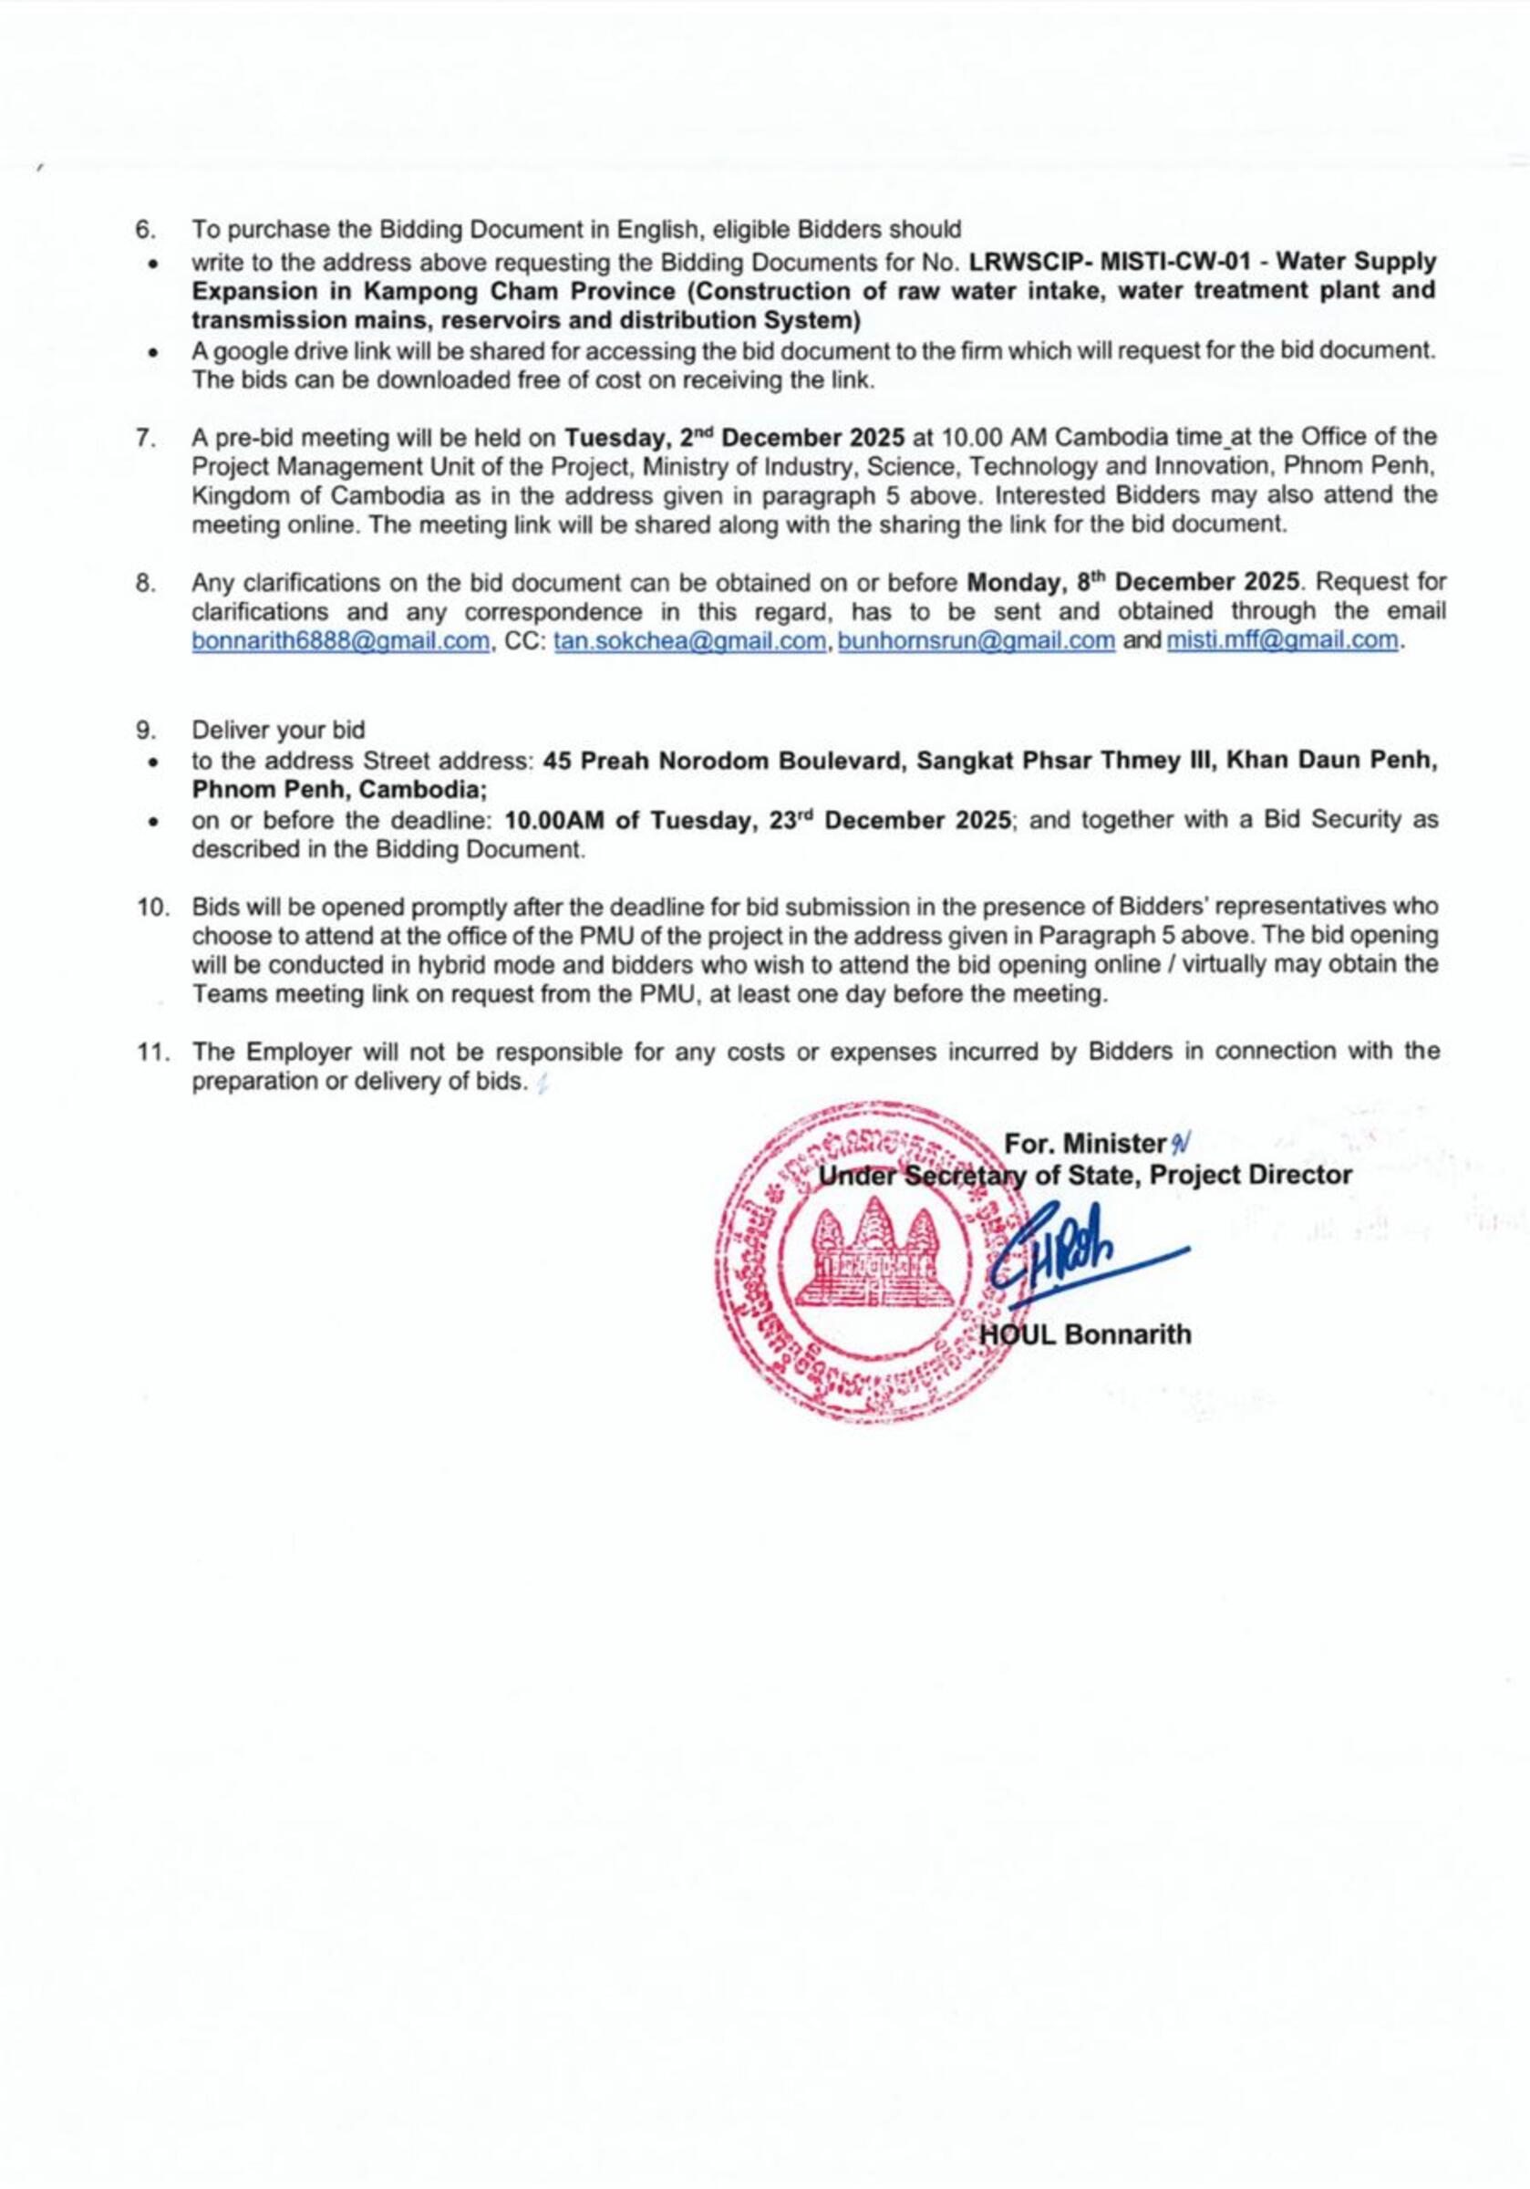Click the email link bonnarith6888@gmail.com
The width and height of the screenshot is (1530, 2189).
340,639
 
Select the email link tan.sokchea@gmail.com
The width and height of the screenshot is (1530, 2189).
688,639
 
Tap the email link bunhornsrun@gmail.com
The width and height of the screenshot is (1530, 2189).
976,639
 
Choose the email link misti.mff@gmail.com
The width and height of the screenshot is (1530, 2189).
1282,639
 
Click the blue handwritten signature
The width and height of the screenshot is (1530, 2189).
1068,1249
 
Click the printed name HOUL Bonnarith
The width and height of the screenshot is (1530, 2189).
1087,1333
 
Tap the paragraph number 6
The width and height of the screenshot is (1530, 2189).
144,230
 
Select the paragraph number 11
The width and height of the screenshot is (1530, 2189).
151,1052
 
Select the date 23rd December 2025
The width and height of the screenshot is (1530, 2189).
888,820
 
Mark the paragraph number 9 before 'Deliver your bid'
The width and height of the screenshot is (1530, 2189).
144,731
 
